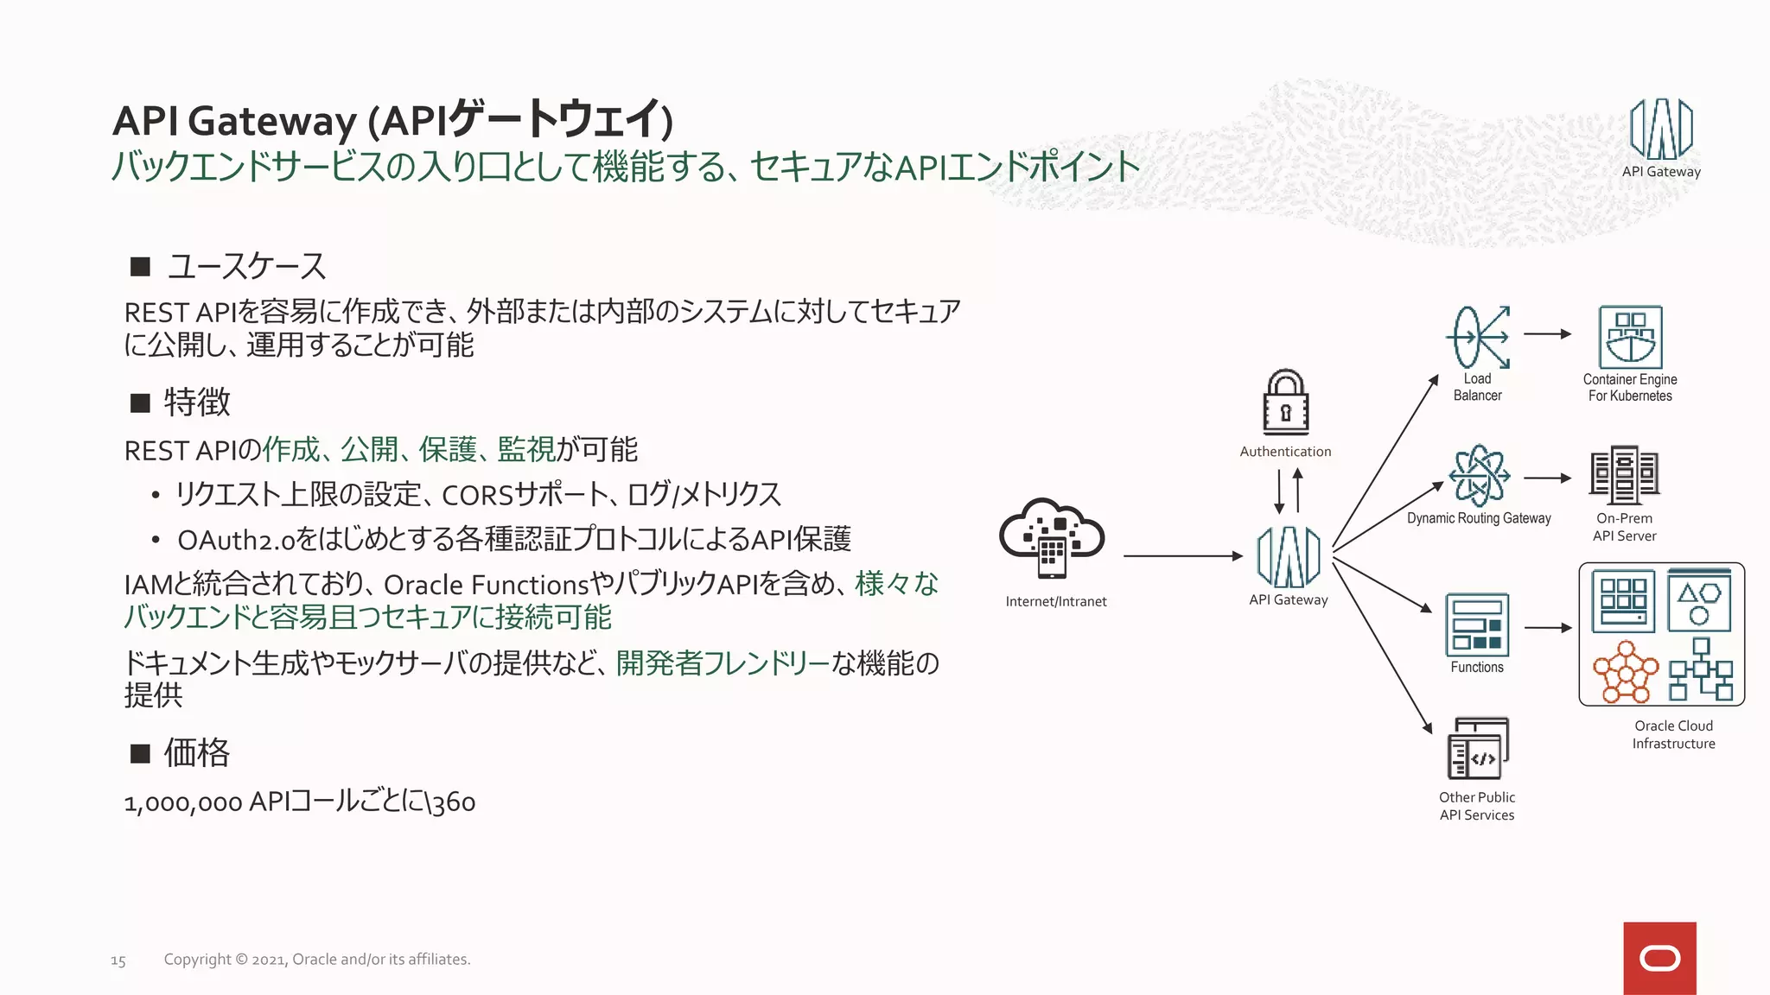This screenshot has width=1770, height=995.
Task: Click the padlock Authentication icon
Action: (1285, 402)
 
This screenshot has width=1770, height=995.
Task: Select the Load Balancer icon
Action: (1478, 338)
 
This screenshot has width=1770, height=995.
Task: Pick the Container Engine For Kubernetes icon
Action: (1630, 338)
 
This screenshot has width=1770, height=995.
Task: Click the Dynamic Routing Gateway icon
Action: (1479, 476)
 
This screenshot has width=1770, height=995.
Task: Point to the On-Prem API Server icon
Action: (1624, 475)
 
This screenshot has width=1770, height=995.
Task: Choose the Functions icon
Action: (1477, 624)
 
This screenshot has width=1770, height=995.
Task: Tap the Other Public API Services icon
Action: (1478, 749)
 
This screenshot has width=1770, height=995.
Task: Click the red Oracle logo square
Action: (1659, 958)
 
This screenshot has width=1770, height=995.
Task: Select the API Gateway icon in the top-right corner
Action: (1660, 130)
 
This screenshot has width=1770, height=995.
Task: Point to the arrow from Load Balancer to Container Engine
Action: (1547, 334)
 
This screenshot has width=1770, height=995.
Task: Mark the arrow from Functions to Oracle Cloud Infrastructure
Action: (1548, 628)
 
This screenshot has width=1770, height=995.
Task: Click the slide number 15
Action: (118, 960)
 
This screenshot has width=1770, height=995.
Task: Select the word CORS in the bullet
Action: (477, 496)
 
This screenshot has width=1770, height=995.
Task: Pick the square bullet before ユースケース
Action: (140, 266)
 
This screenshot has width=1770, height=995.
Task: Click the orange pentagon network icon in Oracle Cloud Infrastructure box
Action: (1626, 670)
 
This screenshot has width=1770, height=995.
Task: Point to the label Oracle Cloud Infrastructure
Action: (1673, 734)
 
